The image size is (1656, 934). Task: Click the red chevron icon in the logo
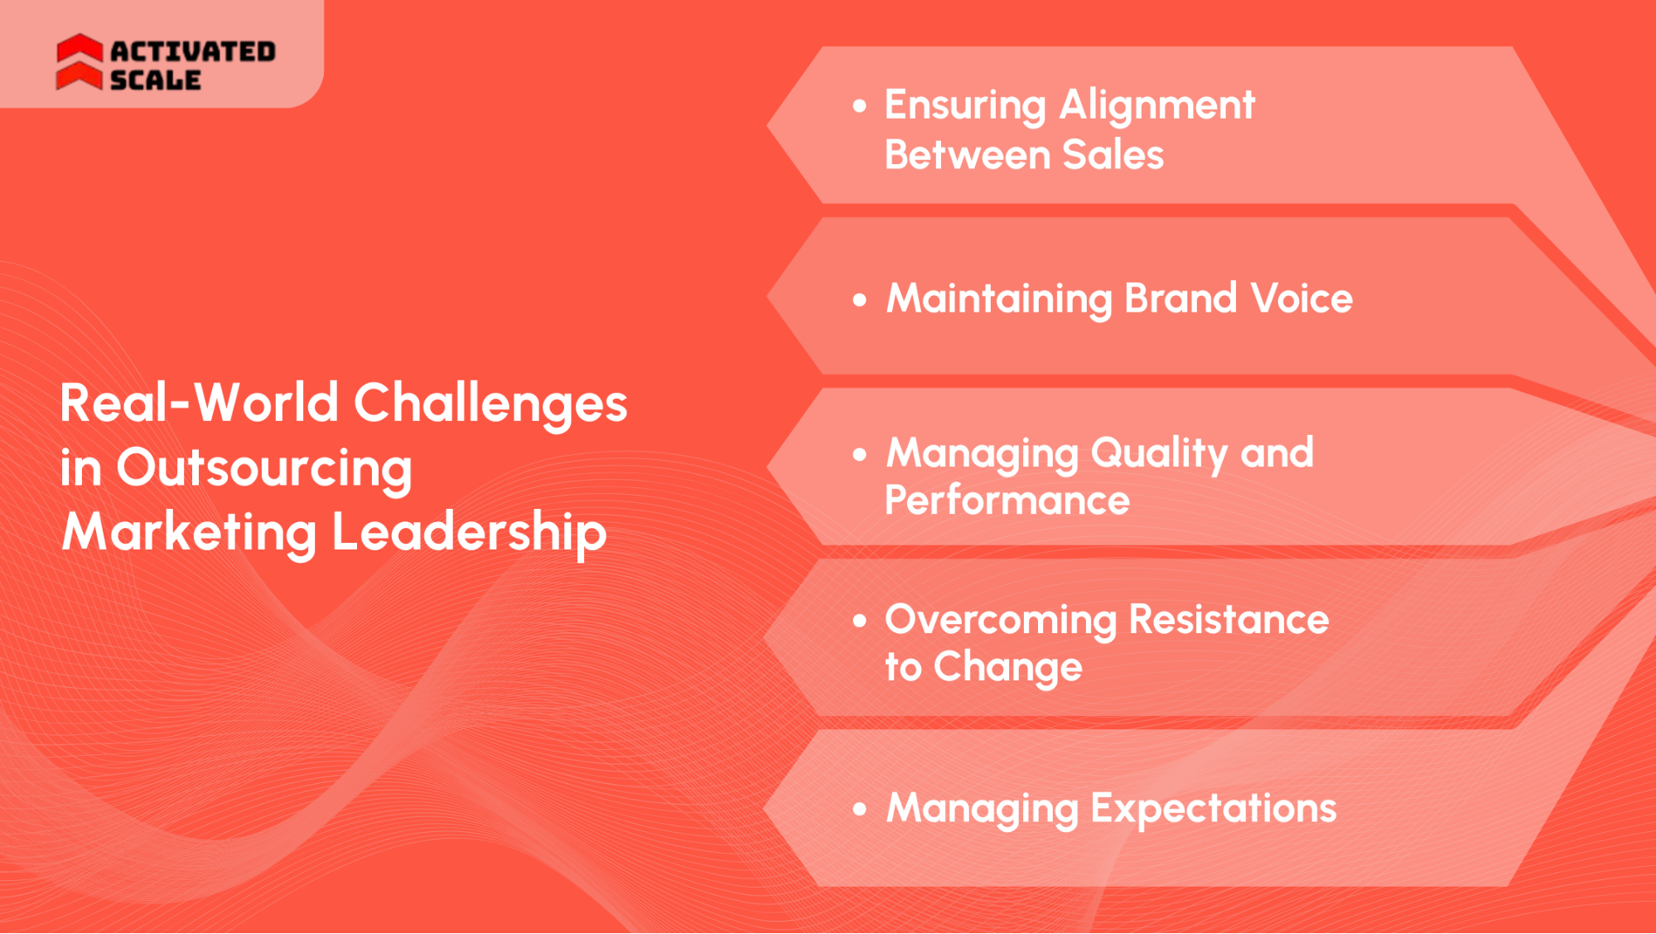80,62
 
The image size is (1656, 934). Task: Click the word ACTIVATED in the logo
192,51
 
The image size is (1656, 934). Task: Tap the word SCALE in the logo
155,80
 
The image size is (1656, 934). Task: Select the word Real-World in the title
199,403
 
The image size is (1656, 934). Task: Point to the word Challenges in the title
490,404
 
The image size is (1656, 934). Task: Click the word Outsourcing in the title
264,469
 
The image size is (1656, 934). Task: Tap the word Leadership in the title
469,532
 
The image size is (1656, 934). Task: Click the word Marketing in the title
189,532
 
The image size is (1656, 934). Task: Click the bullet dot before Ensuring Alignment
860,106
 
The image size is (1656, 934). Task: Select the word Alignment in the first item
1156,106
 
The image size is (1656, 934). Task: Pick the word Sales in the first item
1113,155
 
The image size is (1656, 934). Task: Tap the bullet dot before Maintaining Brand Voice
860,300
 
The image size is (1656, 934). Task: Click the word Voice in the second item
1301,298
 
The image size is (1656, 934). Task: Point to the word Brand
1180,298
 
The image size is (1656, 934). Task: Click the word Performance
1007,501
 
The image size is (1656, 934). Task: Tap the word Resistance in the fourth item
1229,620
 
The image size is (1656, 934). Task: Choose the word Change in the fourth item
1007,668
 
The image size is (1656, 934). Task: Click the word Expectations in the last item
1213,809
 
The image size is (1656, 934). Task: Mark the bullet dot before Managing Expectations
860,809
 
